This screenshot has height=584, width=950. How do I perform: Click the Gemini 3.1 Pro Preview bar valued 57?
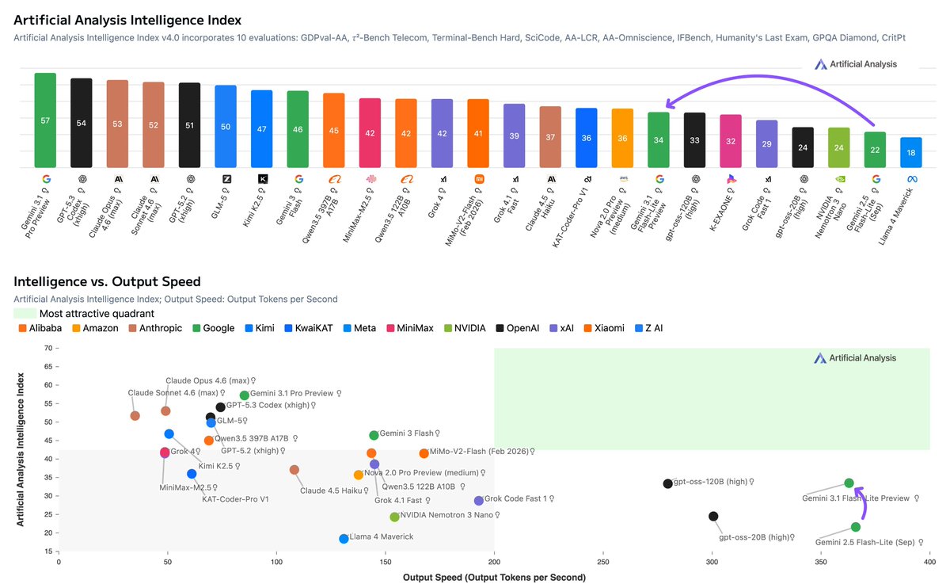coord(45,120)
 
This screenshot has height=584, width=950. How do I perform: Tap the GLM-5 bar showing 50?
coord(226,127)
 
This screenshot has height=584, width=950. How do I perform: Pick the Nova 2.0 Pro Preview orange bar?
coord(622,138)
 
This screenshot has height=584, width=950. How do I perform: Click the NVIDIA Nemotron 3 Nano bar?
coord(838,147)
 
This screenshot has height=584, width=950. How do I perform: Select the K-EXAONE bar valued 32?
coord(731,141)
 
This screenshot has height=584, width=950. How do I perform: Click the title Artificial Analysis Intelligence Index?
coord(127,20)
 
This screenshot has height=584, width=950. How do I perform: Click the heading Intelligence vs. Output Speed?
coord(107,281)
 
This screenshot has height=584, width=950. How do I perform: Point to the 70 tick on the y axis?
coord(48,348)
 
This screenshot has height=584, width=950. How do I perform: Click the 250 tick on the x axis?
coord(603,562)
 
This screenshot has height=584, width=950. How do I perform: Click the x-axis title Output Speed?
coord(494,577)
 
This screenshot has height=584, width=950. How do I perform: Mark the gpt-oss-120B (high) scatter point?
coord(667,483)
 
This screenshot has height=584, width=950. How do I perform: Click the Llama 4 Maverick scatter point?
coord(344,539)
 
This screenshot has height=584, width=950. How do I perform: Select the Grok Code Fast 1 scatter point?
coord(479,501)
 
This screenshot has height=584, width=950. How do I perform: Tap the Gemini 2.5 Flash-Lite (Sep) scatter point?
coord(856,527)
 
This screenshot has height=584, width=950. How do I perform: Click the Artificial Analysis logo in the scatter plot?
coord(855,358)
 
